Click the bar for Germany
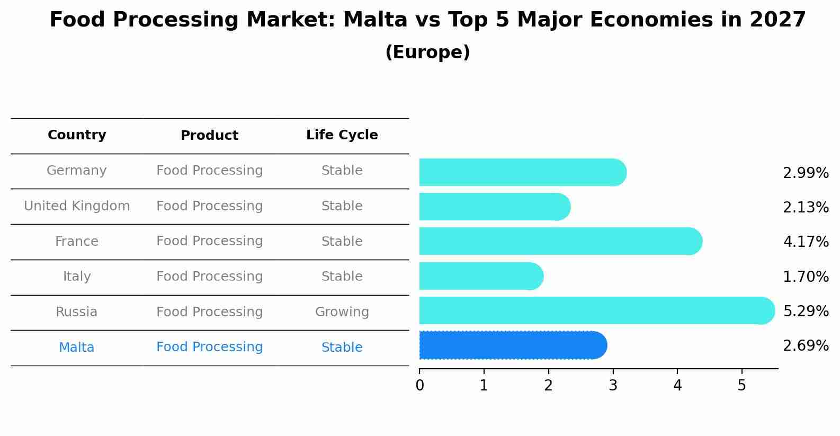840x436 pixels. tap(523, 172)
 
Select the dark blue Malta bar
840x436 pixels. tap(513, 345)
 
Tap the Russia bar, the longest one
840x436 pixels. tap(597, 310)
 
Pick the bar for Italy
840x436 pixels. tap(481, 276)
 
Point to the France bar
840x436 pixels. tap(561, 241)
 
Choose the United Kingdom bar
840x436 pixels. tap(495, 207)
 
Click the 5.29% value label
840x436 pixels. tap(806, 311)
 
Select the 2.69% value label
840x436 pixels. tap(806, 345)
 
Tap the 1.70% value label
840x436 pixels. tap(806, 277)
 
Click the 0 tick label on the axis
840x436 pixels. tap(419, 385)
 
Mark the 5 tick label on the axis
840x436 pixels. tap(741, 385)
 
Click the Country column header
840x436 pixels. tap(77, 135)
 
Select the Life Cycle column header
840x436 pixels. tap(342, 135)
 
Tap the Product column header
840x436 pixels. tap(209, 135)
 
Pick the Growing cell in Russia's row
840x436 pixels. tap(342, 312)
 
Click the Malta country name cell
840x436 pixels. tap(76, 347)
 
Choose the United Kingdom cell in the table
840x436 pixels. tap(77, 206)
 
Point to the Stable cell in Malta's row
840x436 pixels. tap(342, 347)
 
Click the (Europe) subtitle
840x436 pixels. tap(427, 52)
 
